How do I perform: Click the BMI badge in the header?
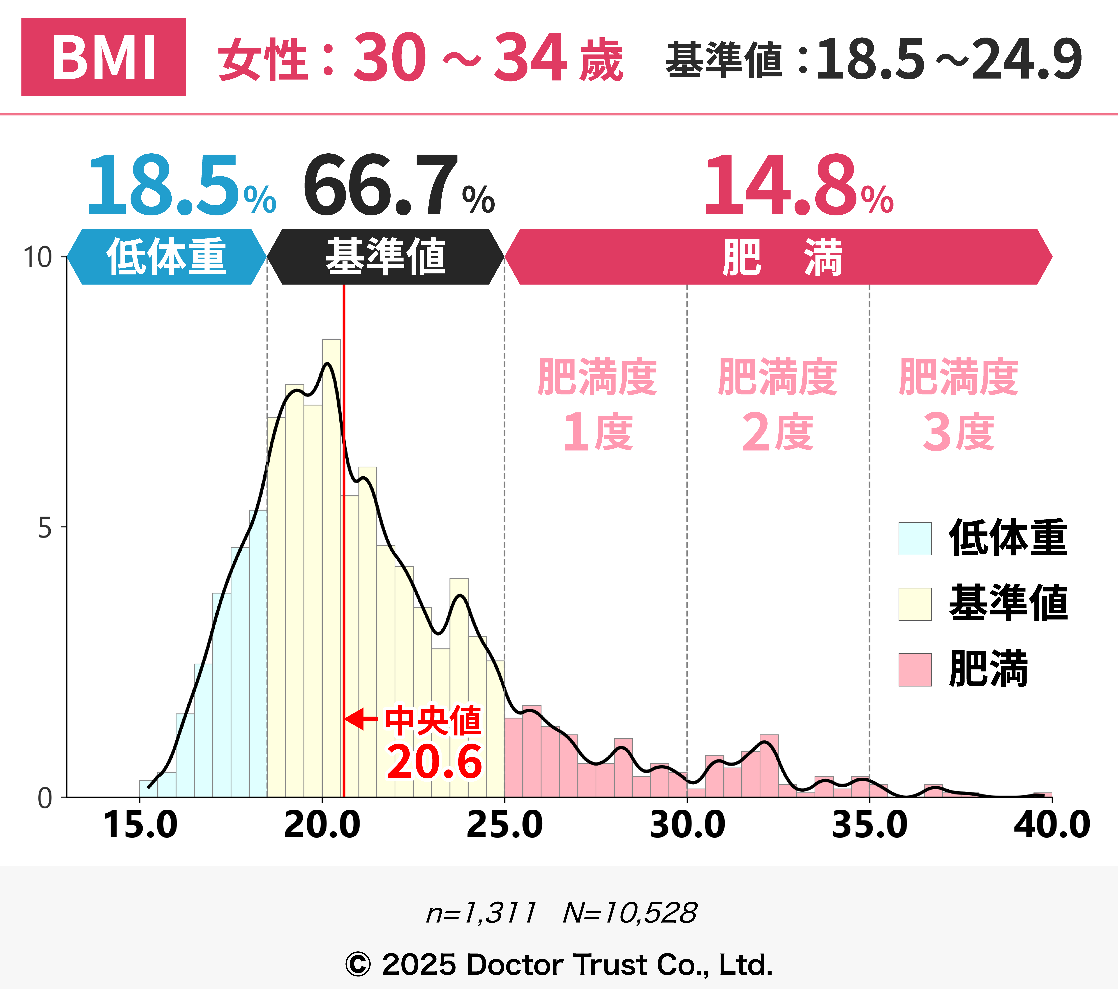pos(103,57)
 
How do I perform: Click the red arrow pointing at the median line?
pos(361,719)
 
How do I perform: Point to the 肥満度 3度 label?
pos(958,405)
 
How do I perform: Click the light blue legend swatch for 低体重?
pos(914,539)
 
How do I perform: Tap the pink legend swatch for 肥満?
pos(914,670)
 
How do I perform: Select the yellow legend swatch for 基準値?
pos(914,604)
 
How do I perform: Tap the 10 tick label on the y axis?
pos(37,257)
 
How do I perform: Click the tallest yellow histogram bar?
pos(331,569)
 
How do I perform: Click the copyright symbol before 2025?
pos(358,964)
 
